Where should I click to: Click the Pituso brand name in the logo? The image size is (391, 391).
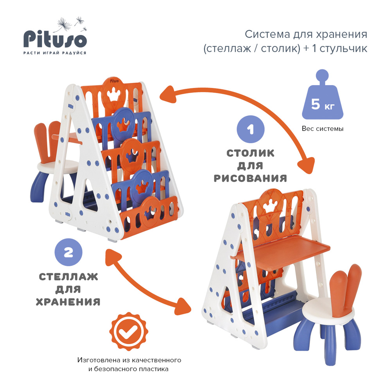click(x=54, y=39)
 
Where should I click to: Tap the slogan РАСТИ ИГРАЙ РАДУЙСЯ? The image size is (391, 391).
click(x=54, y=52)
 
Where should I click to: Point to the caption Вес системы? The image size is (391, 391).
click(x=322, y=128)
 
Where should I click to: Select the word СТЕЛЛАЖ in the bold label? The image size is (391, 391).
click(x=68, y=277)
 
